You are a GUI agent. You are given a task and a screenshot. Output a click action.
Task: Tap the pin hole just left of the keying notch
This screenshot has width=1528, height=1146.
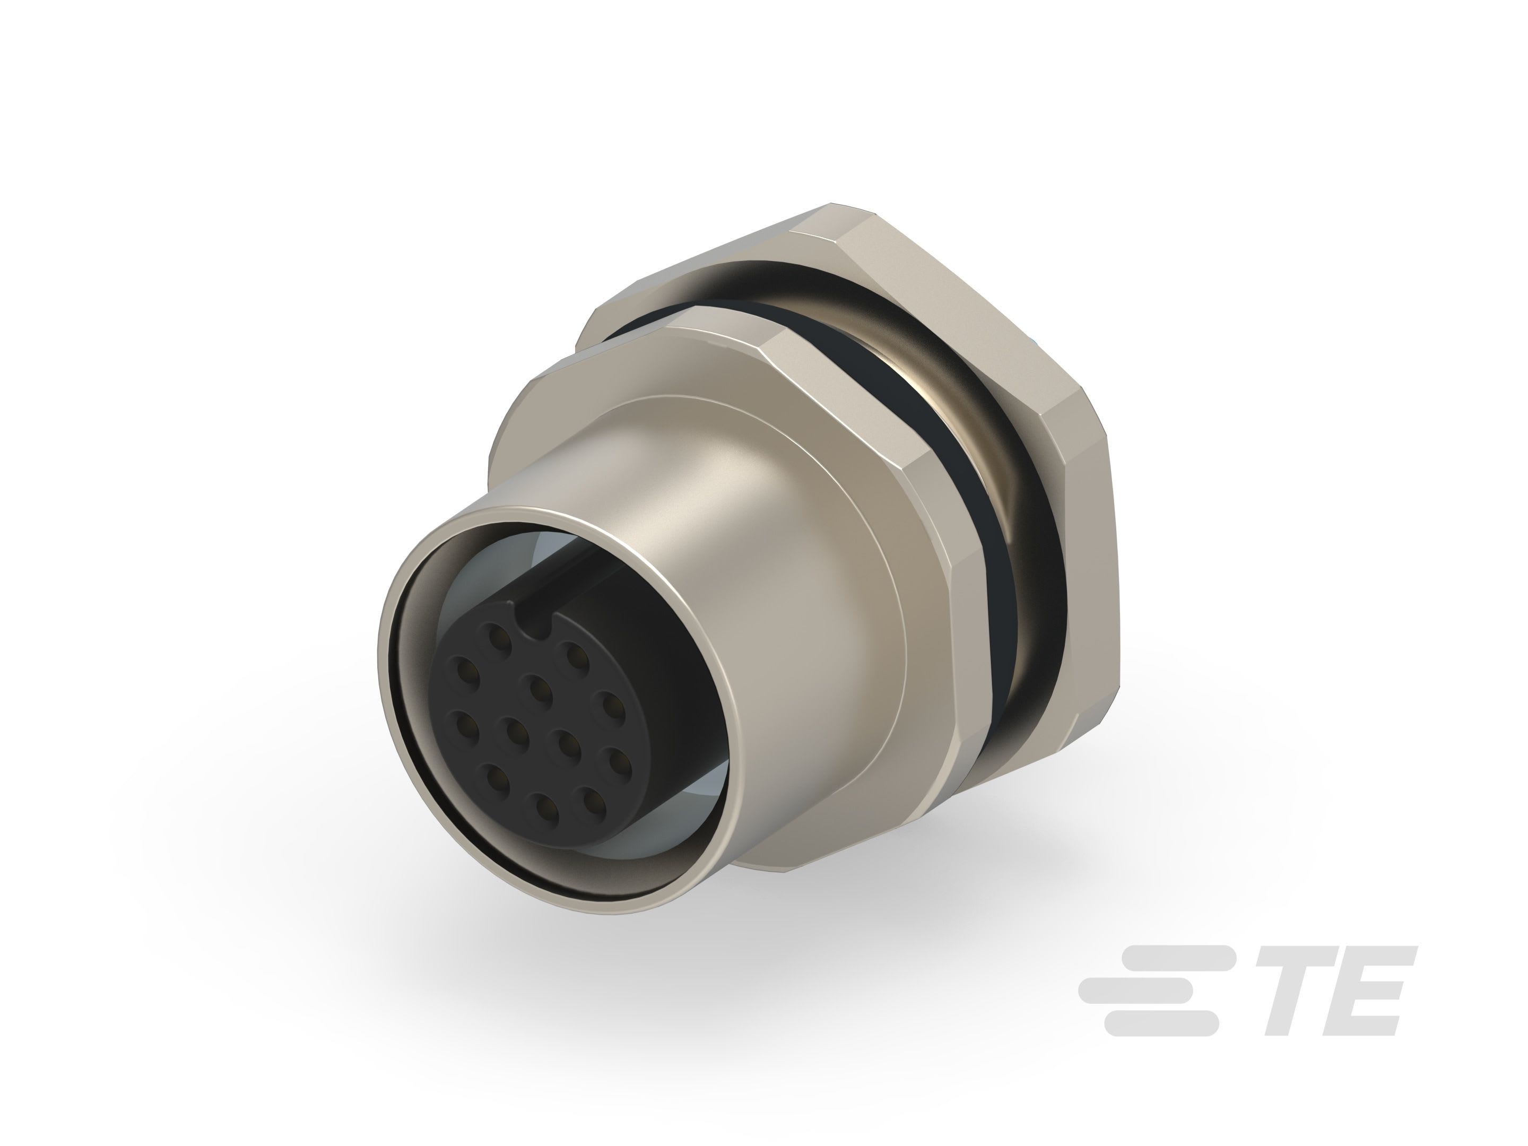pyautogui.click(x=496, y=632)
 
